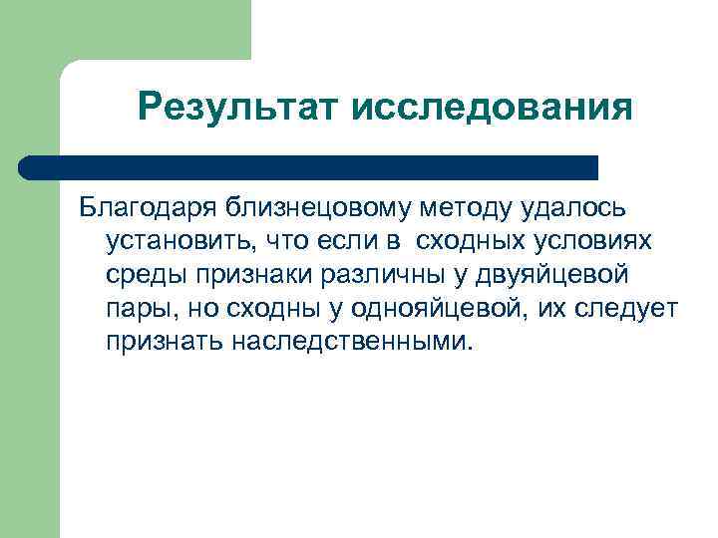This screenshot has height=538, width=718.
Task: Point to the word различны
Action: [378, 275]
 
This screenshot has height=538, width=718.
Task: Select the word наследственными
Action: [355, 342]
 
